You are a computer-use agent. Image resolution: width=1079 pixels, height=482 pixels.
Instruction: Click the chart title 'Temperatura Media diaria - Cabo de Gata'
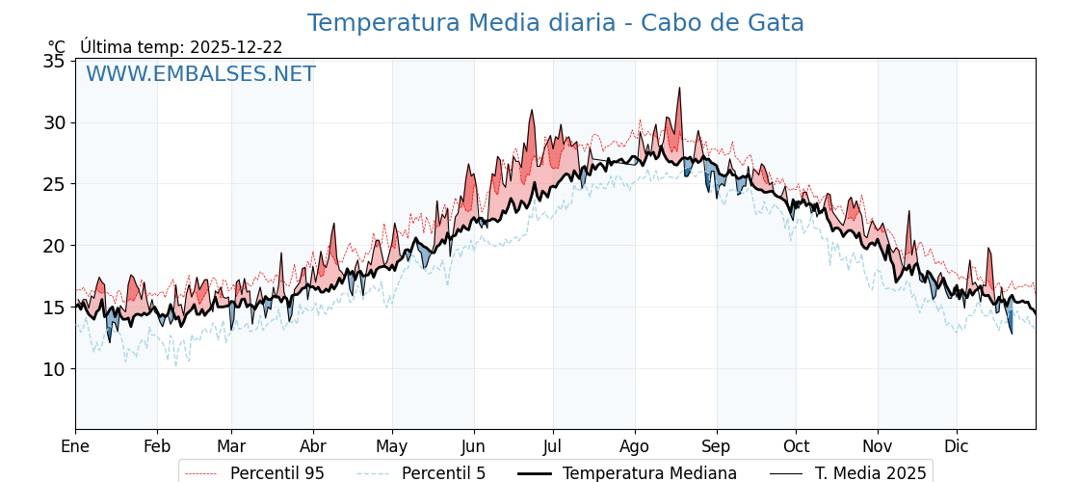click(555, 23)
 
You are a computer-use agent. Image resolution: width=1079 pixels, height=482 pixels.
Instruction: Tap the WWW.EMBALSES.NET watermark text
click(200, 74)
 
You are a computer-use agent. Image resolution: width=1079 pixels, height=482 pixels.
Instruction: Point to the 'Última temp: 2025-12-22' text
click(181, 47)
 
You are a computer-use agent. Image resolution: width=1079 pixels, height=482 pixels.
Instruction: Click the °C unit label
click(57, 47)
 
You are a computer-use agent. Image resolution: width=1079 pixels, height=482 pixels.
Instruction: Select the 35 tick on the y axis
click(55, 61)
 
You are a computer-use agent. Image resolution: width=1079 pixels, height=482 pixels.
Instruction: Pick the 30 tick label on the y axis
click(55, 122)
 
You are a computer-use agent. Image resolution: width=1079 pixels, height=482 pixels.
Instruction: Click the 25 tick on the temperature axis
click(55, 184)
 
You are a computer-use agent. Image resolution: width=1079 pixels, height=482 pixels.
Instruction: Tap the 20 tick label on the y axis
click(55, 246)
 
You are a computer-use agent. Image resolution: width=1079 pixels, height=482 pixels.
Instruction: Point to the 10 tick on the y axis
click(55, 369)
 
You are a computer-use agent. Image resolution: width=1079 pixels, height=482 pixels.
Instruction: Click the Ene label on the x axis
click(75, 446)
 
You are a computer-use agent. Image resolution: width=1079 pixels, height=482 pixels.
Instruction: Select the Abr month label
click(313, 446)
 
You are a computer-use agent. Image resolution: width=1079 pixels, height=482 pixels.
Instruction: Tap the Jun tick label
click(473, 446)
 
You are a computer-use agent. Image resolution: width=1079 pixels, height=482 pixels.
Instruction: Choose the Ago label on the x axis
click(635, 446)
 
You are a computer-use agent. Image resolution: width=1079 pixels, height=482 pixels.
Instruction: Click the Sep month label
click(716, 446)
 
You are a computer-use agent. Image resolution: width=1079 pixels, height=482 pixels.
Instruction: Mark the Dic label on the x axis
click(957, 446)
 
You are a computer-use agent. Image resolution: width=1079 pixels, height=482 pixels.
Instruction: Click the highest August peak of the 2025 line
click(679, 88)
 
